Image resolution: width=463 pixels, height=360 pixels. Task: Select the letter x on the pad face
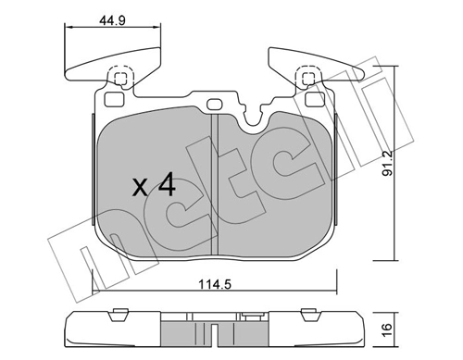coord(139,188)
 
